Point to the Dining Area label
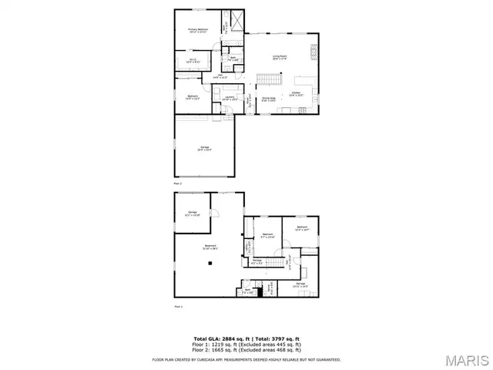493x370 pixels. [x=268, y=99]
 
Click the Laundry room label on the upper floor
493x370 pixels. [x=230, y=98]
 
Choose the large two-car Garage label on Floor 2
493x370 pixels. [x=204, y=150]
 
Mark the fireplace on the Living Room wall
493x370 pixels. [x=313, y=52]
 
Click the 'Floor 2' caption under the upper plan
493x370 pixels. [x=177, y=183]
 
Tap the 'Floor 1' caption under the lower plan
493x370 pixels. [x=177, y=308]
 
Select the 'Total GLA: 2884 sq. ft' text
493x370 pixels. [x=219, y=338]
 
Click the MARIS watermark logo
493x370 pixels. [x=465, y=360]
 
